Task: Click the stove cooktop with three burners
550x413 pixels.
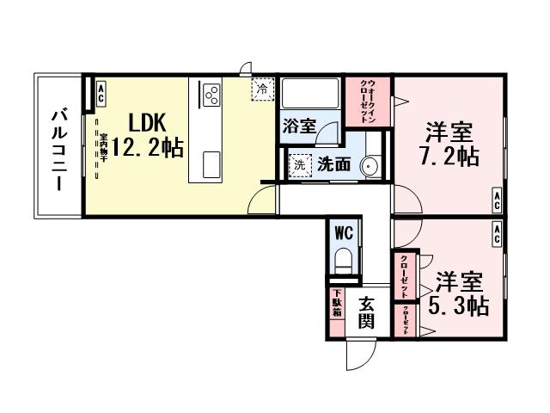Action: tap(211, 93)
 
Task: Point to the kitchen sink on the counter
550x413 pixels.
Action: tap(211, 163)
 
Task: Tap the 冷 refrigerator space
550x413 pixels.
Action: tap(260, 89)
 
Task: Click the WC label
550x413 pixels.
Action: tap(345, 233)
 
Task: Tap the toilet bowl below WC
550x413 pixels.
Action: tap(345, 260)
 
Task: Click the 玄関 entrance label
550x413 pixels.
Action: tap(367, 313)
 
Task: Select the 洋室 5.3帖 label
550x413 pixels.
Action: tap(461, 293)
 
